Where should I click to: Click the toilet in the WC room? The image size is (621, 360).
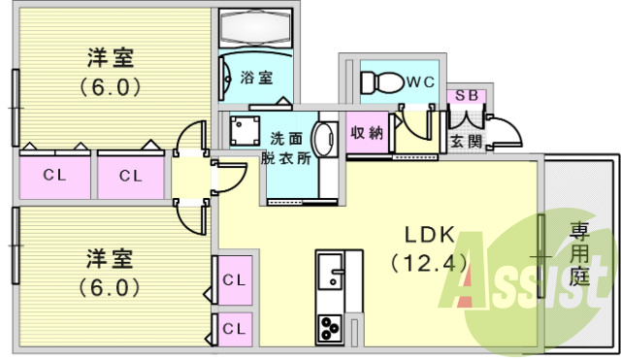(x=381, y=82)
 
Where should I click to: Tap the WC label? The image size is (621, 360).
(x=419, y=82)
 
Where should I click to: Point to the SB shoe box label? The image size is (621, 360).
(x=466, y=96)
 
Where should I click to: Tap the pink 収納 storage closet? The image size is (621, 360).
(x=367, y=133)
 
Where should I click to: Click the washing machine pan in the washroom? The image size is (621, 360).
(x=242, y=129)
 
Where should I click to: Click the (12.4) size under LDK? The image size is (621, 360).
(x=430, y=262)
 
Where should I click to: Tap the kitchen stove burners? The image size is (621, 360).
(x=329, y=327)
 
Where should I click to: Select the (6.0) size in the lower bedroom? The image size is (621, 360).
(x=110, y=288)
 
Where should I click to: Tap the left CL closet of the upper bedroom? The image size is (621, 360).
(x=54, y=176)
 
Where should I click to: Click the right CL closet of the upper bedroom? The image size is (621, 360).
(x=131, y=176)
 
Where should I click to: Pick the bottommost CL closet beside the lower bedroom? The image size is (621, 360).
(x=234, y=327)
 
